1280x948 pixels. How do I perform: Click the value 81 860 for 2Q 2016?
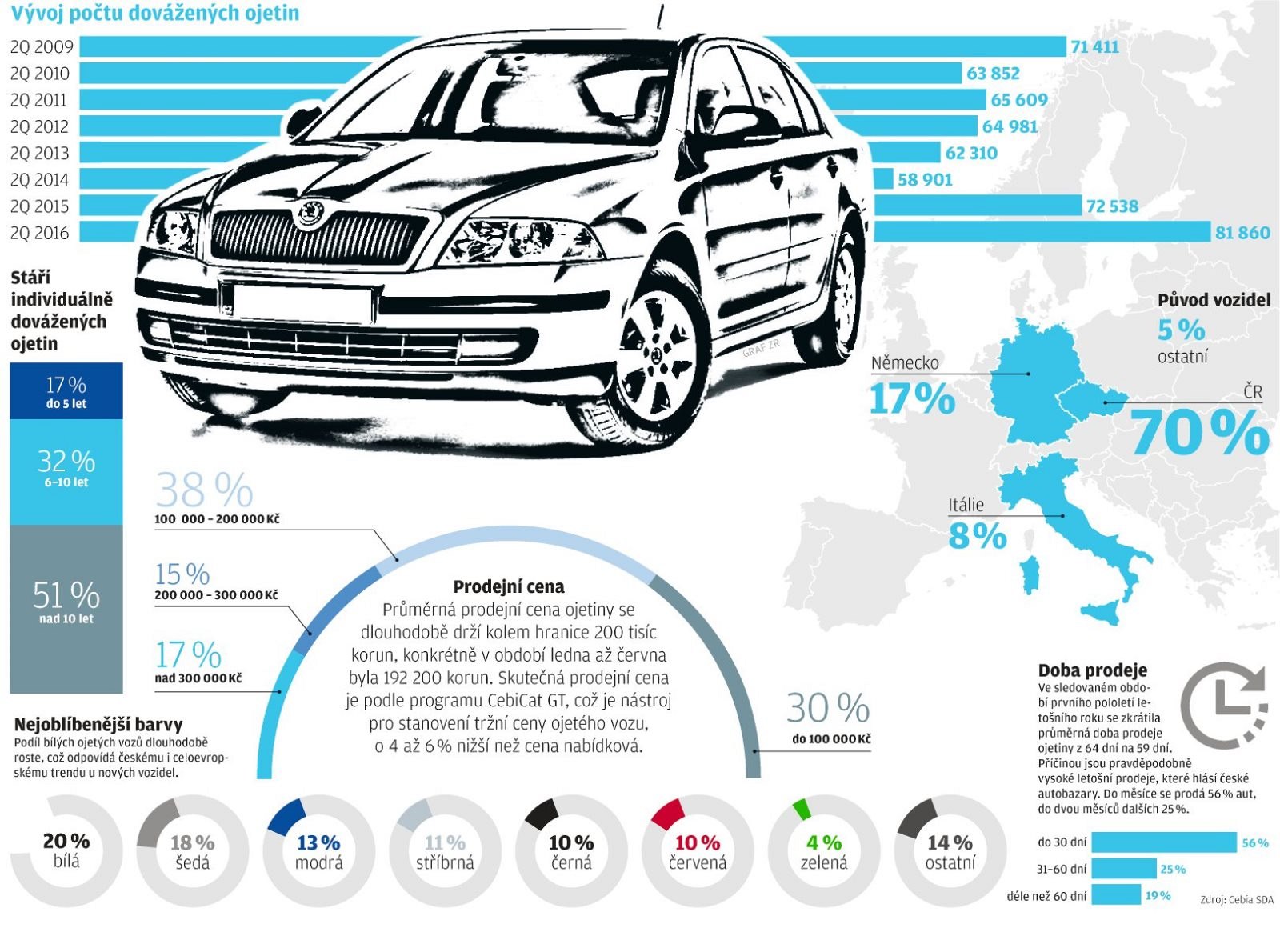click(1242, 233)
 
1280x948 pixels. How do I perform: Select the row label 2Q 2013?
click(40, 153)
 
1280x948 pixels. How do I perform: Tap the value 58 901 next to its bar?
click(925, 179)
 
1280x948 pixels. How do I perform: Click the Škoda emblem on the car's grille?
click(310, 213)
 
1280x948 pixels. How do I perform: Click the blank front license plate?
click(302, 303)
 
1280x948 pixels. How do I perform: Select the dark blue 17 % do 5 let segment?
click(66, 391)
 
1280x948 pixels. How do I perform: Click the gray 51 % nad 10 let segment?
click(66, 608)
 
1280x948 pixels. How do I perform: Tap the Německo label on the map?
click(905, 362)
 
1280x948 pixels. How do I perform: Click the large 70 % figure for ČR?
click(1199, 433)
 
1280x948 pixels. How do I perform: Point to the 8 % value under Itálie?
click(977, 536)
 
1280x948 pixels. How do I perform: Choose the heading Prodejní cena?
click(509, 586)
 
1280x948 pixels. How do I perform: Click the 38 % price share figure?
click(204, 490)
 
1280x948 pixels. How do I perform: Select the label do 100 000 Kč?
click(831, 739)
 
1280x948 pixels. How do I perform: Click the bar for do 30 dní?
click(1163, 842)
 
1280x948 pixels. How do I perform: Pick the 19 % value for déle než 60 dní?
click(1158, 895)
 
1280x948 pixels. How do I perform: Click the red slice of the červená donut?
click(668, 813)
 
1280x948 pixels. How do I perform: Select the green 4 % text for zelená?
click(824, 842)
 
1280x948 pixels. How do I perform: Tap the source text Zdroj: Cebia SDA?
click(1236, 900)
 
